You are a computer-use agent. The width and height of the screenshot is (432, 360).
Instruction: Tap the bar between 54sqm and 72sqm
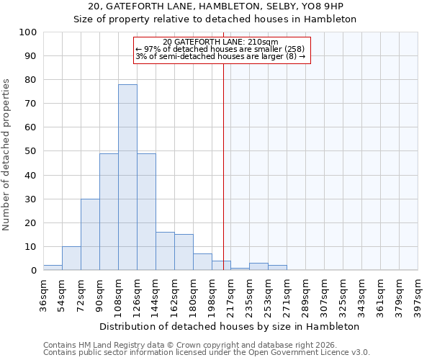coord(71,258)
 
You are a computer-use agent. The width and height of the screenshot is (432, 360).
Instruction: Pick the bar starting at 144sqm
coord(165,251)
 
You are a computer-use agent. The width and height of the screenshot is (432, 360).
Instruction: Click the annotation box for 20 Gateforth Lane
coord(221,50)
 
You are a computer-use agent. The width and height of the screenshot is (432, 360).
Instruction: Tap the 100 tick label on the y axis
coord(28,32)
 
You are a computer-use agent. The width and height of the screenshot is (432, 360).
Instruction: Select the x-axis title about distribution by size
coord(230,326)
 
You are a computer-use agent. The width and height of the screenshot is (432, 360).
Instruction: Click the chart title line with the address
coord(215,6)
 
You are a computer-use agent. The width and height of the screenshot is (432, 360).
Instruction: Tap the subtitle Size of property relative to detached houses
coord(215,19)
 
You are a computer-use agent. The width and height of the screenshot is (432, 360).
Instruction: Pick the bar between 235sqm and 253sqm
coord(258,266)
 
